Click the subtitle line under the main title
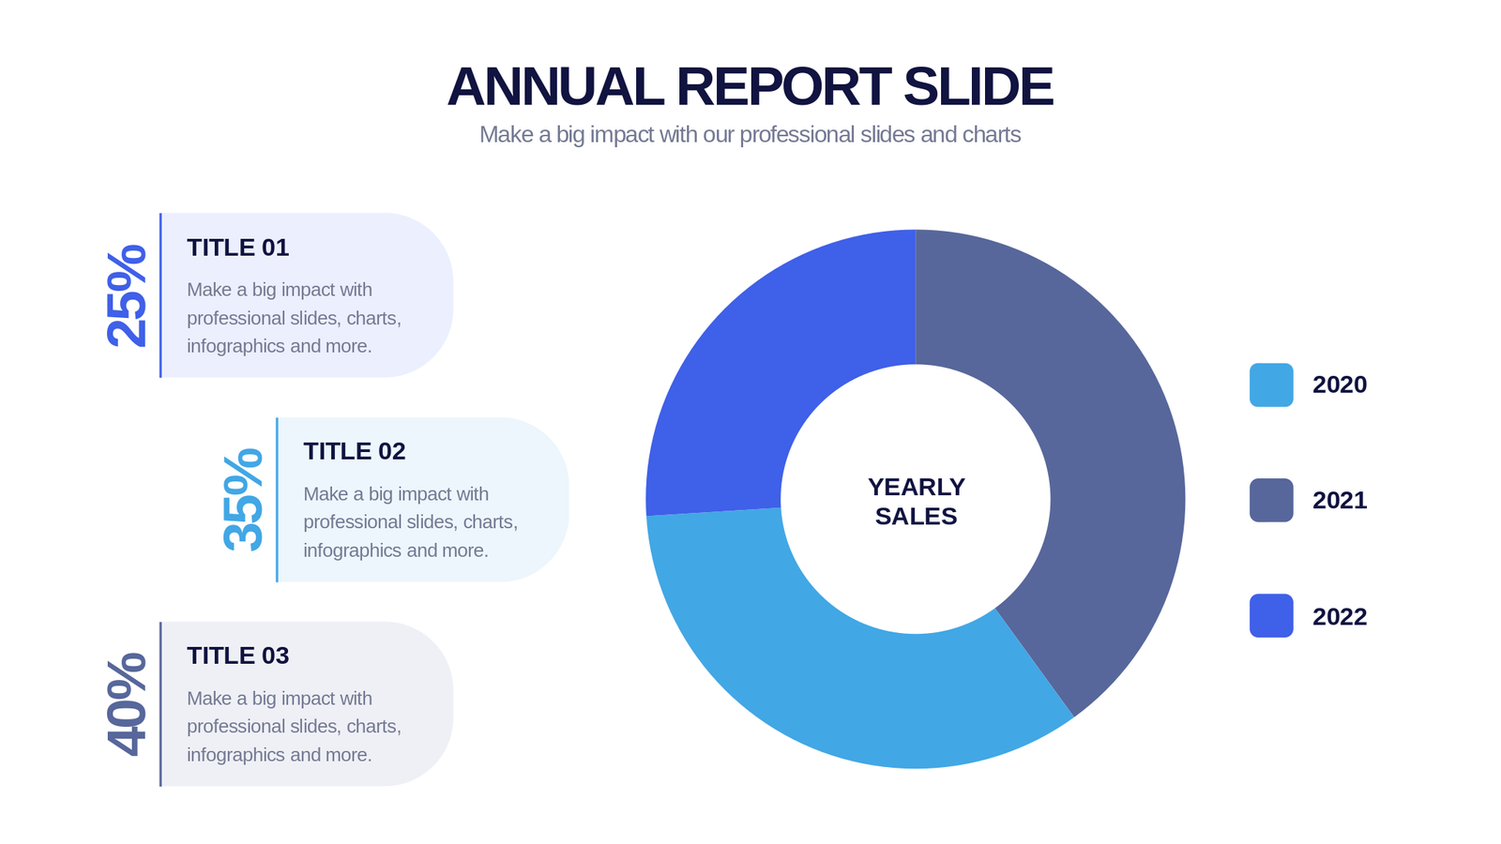750,135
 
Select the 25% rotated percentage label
128,295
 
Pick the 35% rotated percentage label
244,499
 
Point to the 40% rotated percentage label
128,703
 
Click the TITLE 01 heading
237,248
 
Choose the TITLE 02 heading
354,451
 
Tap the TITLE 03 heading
237,656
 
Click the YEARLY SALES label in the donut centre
916,501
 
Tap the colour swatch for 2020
1271,384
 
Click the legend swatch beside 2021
1271,500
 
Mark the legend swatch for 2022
1271,616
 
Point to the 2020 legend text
1339,384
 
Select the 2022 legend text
1339,616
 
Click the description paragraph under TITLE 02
410,521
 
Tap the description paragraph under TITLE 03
294,726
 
